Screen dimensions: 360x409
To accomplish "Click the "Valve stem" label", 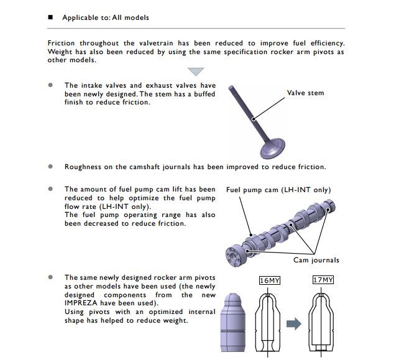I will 305,93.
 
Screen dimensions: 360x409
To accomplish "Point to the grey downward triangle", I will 196,72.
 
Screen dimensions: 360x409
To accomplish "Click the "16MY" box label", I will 270,280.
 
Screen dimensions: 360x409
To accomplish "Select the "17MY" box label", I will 323,280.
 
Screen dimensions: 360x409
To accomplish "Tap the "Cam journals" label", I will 316,260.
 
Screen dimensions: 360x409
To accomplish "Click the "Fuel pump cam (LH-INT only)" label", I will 278,190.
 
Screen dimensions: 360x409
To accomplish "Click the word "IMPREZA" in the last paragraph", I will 81,303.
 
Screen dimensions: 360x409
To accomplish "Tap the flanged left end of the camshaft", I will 235,254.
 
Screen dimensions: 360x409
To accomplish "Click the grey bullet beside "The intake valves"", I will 50,85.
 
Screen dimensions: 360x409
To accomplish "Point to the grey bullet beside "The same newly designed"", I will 50,277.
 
